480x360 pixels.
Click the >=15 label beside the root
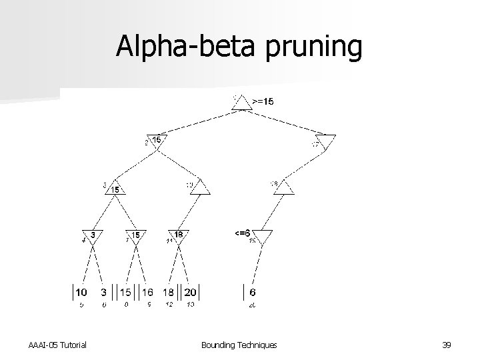(263, 101)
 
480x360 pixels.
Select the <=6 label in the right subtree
(242, 232)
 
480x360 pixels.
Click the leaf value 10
(80, 292)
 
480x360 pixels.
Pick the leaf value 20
(190, 292)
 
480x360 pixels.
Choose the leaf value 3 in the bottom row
(103, 292)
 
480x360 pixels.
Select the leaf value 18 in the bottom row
(169, 292)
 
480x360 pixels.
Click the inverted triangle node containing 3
(93, 235)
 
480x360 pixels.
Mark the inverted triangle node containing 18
(178, 235)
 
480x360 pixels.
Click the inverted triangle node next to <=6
(262, 235)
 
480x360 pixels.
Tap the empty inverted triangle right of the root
(326, 141)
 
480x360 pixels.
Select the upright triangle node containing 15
(115, 188)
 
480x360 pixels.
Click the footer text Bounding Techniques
(239, 344)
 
